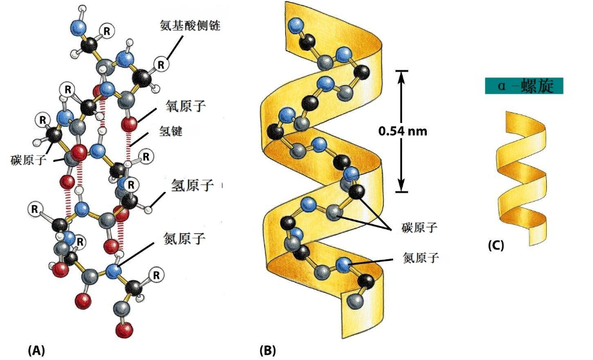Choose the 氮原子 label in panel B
[421, 259]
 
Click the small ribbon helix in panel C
[521, 176]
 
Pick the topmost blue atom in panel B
[295, 25]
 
